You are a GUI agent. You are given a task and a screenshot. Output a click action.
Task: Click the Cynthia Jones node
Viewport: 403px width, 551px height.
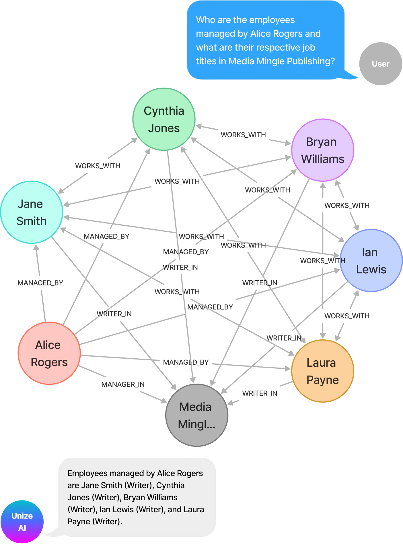pos(164,119)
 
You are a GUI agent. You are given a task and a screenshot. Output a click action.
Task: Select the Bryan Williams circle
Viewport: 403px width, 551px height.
pos(323,150)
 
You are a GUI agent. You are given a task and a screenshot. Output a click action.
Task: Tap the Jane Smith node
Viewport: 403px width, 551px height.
pos(32,212)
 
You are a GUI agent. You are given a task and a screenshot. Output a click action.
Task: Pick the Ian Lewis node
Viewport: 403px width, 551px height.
pos(371,260)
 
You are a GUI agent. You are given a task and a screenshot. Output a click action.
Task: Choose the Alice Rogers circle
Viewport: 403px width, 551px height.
pos(49,353)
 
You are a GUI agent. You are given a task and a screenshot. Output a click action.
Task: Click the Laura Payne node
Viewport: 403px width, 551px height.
pos(323,371)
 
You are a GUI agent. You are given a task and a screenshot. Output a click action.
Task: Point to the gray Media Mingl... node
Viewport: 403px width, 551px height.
pos(197,415)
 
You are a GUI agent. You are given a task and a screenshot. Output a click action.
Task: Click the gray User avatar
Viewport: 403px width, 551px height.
pos(381,64)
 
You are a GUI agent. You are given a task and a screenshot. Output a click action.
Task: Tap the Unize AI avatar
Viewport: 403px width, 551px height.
pos(22,522)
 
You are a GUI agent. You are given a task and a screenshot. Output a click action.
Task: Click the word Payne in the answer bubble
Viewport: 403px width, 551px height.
pos(79,521)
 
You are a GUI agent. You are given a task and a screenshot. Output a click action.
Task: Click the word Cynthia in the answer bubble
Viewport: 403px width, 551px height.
pos(170,485)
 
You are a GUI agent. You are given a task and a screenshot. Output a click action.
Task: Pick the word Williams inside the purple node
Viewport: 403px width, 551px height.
pos(323,159)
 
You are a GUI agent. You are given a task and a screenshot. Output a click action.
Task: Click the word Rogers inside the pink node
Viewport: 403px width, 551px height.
pos(49,362)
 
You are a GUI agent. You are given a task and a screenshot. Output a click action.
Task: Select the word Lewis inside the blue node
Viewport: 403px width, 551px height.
pos(371,270)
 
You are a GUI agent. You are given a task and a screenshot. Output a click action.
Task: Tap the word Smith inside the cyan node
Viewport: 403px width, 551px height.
pos(32,221)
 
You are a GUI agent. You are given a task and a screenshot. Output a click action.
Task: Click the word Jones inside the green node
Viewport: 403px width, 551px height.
pos(164,128)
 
